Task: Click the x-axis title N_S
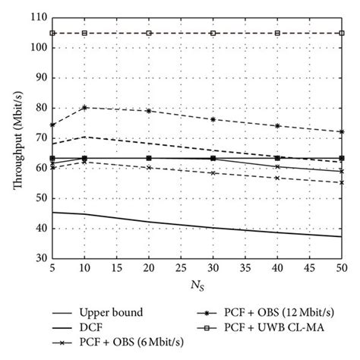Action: [197, 287]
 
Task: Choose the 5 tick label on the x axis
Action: [52, 269]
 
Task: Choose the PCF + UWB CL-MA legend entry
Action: [270, 327]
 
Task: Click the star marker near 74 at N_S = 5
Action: [52, 125]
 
